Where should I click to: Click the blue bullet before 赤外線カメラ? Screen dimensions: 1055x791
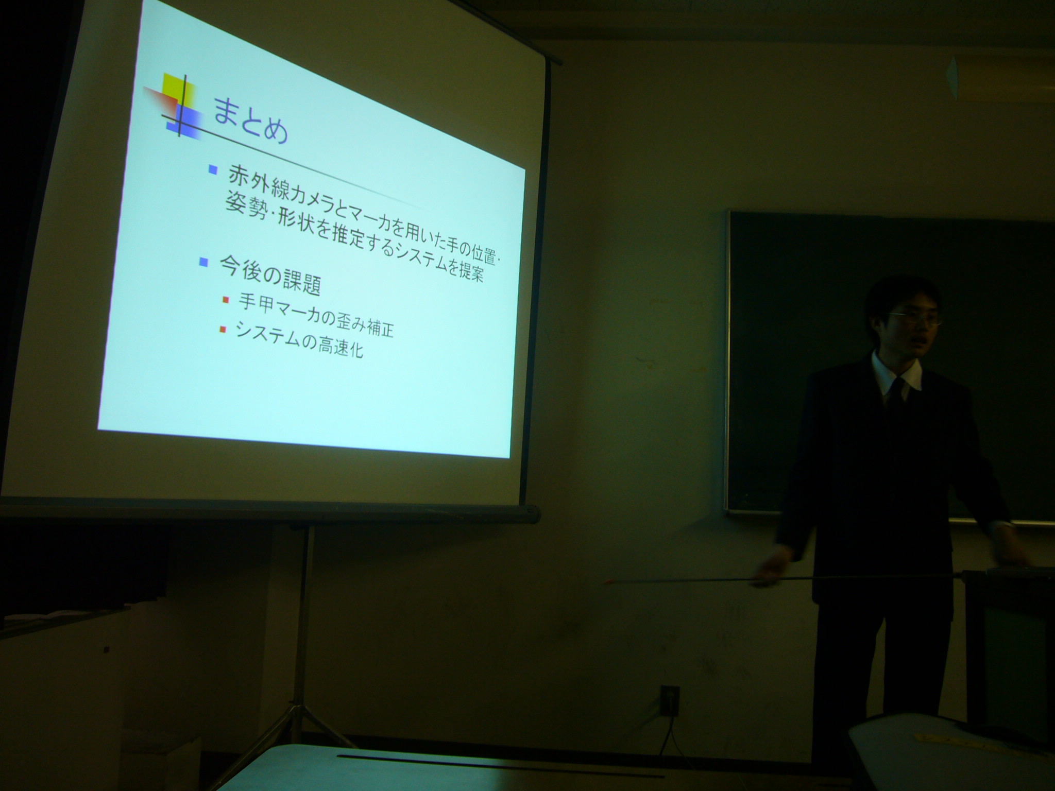point(212,170)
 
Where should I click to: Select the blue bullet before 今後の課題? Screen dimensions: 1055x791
point(203,262)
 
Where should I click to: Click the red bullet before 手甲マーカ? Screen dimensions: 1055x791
point(225,300)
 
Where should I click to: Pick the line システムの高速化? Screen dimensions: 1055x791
point(299,339)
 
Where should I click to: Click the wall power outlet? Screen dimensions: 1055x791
point(669,700)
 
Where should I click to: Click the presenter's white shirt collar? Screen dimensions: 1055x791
point(896,372)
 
